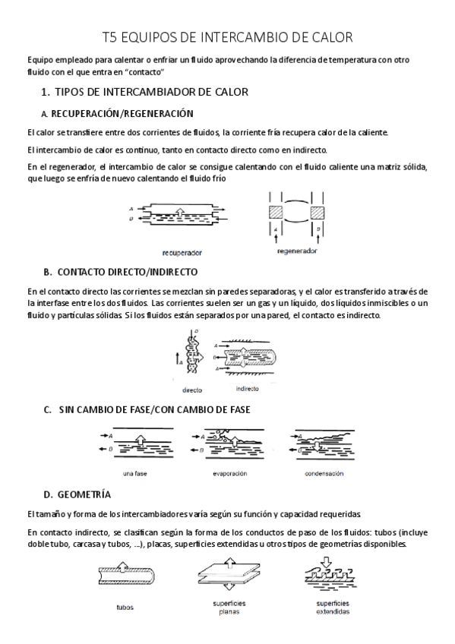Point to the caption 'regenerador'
coord(297,250)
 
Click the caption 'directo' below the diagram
coord(192,390)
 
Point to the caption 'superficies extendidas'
coord(333,608)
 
